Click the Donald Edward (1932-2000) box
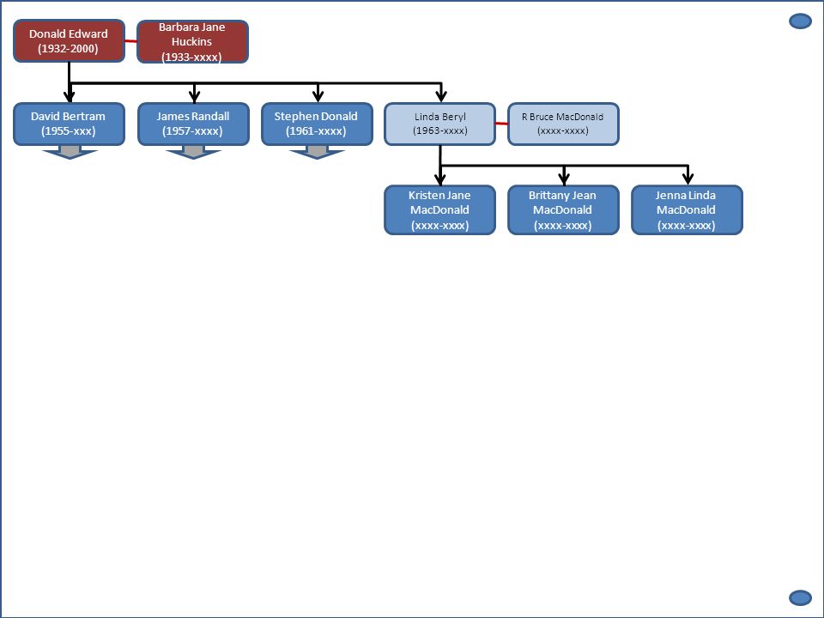[69, 41]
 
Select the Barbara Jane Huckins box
[192, 41]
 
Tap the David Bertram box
[69, 124]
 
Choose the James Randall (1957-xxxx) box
[193, 124]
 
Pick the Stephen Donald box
[317, 124]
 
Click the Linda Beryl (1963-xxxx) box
[439, 124]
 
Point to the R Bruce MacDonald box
[563, 124]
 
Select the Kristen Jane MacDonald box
[439, 209]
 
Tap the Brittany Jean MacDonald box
[563, 209]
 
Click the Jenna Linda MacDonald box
[687, 209]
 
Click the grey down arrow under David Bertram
[70, 153]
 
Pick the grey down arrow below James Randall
[193, 153]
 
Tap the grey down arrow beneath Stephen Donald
[317, 153]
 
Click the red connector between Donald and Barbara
[130, 40]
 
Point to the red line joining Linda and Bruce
[502, 124]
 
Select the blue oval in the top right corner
[800, 21]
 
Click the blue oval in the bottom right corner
[800, 598]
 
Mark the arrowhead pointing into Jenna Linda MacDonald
[688, 179]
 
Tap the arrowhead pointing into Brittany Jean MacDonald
[565, 179]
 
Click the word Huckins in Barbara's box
[191, 41]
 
